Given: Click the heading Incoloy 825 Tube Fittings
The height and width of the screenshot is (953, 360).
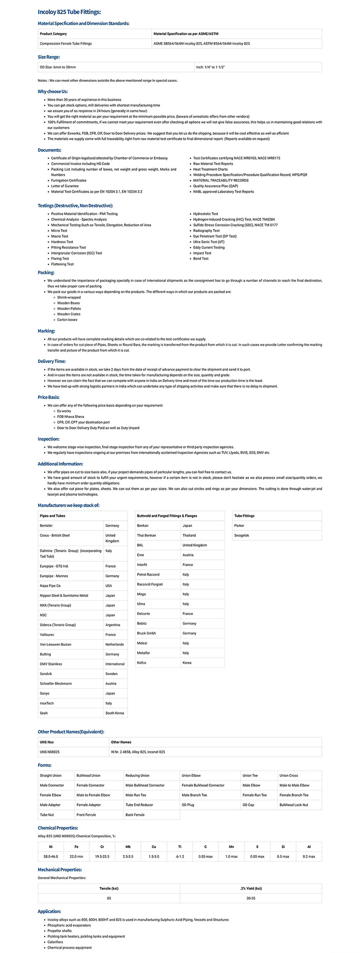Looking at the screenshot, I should (x=69, y=12).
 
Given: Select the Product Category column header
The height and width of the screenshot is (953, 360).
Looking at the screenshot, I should (x=53, y=34).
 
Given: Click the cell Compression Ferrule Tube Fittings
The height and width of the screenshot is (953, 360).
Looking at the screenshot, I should (x=66, y=44).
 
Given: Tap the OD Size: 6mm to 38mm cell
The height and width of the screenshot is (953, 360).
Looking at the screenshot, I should (x=58, y=67).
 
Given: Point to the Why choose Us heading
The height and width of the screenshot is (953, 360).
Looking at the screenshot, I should (x=53, y=92).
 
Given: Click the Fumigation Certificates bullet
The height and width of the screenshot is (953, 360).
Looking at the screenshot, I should (x=69, y=180).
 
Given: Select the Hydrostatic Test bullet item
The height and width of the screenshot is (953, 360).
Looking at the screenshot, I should (x=205, y=214).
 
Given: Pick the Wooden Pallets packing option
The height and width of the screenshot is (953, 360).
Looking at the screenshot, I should (x=69, y=309).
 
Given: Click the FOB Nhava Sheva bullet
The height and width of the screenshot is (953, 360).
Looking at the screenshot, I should (x=70, y=417).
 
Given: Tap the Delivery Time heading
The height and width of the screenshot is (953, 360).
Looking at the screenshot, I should (x=52, y=362).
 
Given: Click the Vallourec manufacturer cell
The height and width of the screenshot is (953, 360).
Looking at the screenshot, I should (x=47, y=635).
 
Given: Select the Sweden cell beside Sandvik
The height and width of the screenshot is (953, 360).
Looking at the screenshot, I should (x=112, y=674).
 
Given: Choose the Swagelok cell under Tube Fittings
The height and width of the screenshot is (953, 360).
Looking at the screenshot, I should (x=241, y=535).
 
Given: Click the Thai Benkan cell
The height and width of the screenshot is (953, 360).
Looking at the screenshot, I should (x=146, y=535).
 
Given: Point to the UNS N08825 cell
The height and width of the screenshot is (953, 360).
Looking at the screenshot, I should (x=50, y=752).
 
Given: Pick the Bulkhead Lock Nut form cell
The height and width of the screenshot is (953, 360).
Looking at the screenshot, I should (x=293, y=805).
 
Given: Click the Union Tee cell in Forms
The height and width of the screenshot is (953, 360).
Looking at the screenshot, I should (x=250, y=776).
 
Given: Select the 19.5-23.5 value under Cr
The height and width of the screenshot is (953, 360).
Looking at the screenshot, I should (x=102, y=857).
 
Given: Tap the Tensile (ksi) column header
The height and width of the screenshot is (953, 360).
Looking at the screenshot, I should (x=109, y=888).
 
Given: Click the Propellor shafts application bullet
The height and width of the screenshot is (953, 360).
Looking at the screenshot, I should (x=59, y=931).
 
